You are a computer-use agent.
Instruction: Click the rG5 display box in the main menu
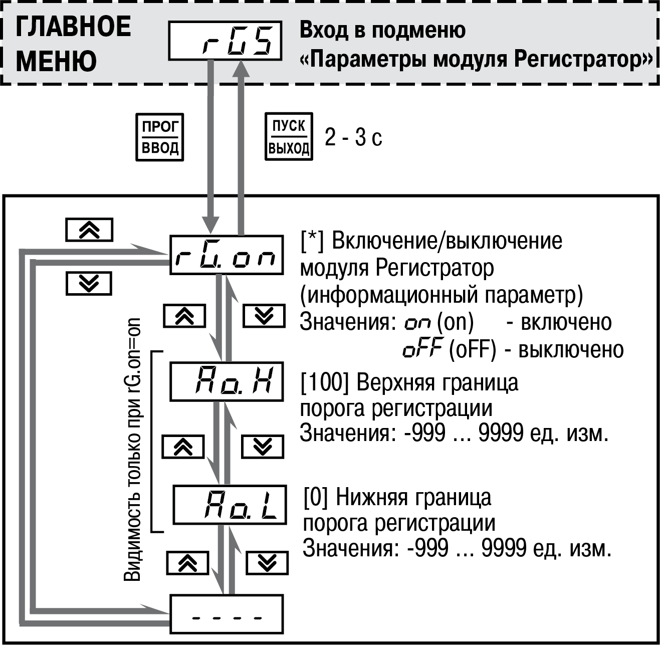coord(225,41)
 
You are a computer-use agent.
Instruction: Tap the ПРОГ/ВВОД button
coord(159,137)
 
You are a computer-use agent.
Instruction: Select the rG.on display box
coord(226,255)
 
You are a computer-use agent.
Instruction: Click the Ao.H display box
coord(226,381)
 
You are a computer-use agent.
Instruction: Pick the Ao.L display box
coord(230,505)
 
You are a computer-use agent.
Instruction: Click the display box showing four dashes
coord(226,614)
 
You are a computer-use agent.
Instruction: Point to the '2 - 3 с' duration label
coord(353,137)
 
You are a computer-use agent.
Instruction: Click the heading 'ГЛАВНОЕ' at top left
coord(73,27)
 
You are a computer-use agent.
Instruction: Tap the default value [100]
coord(325,383)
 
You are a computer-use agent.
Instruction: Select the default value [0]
coord(315,498)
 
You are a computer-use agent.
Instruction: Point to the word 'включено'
coord(566,322)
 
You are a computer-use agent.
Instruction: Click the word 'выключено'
coord(571,350)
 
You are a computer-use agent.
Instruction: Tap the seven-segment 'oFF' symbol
coord(423,349)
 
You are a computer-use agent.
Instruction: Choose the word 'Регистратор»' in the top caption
coord(583,60)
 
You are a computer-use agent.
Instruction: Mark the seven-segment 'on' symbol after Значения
coord(417,324)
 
